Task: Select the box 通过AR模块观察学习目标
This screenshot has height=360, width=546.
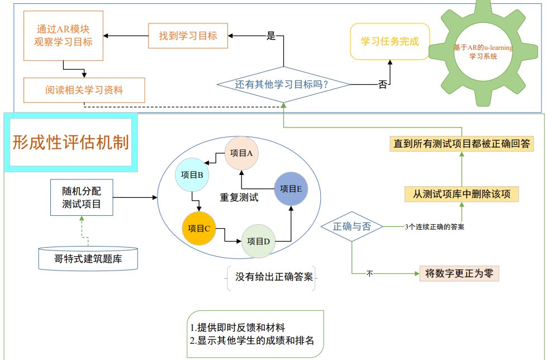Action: tap(63, 35)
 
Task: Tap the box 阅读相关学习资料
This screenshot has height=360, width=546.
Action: tap(84, 89)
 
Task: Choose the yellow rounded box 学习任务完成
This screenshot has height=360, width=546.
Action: tap(390, 41)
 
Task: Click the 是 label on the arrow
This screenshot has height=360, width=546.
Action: tap(271, 36)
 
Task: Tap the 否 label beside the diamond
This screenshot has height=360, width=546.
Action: tap(383, 85)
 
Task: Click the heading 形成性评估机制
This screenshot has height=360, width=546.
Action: tap(70, 142)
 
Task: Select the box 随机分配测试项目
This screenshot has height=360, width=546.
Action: tap(82, 197)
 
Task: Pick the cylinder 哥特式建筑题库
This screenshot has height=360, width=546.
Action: tap(88, 258)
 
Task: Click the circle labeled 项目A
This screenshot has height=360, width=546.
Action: tap(241, 153)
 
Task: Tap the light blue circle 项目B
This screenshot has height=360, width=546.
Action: tap(192, 175)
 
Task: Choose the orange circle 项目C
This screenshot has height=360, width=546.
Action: tap(198, 228)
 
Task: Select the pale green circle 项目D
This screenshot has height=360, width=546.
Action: tap(258, 241)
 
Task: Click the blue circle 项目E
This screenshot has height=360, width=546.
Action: tap(291, 189)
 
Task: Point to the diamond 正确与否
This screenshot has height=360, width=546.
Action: tap(352, 226)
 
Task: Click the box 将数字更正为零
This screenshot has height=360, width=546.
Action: tap(458, 273)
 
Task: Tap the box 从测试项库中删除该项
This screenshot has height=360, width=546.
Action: tap(462, 194)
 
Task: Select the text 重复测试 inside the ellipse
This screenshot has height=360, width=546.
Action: tap(239, 197)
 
